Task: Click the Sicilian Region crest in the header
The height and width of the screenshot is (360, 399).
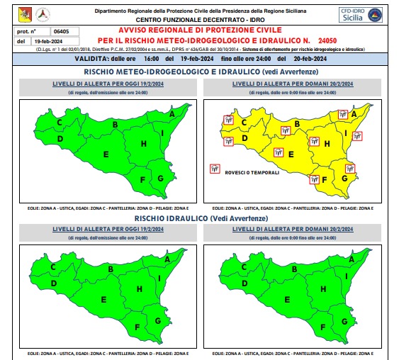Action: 25,13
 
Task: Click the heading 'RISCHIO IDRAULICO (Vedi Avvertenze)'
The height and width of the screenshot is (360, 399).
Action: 201,218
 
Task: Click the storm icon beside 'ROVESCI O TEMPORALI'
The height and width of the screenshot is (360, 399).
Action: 213,169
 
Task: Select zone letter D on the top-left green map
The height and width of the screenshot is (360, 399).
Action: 60,138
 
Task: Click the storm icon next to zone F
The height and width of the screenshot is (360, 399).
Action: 313,179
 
